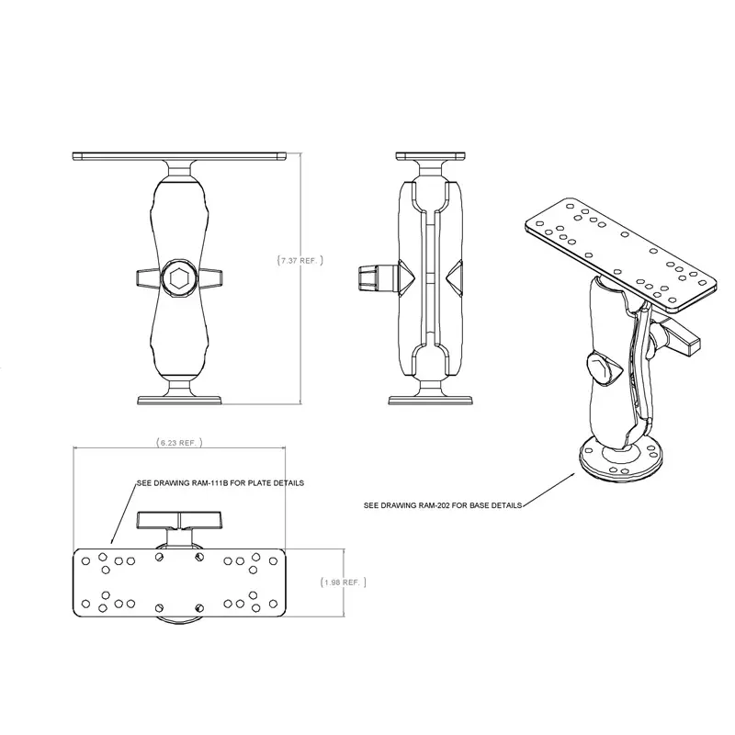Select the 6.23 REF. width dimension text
point(179,442)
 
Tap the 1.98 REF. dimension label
point(343,582)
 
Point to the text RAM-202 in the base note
point(451,505)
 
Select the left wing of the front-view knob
point(148,277)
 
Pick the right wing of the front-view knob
point(210,277)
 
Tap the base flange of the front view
point(179,399)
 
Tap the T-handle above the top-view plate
point(179,521)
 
